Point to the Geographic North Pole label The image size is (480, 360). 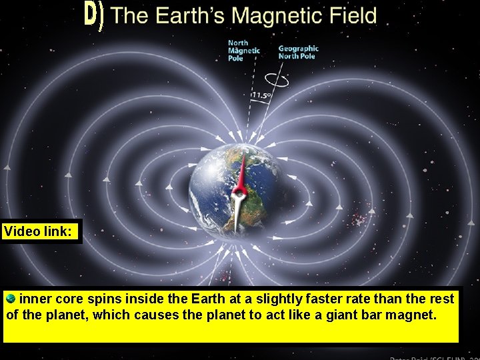pos(298,53)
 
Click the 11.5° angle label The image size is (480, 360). pos(261,96)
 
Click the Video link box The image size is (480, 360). pos(41,231)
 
